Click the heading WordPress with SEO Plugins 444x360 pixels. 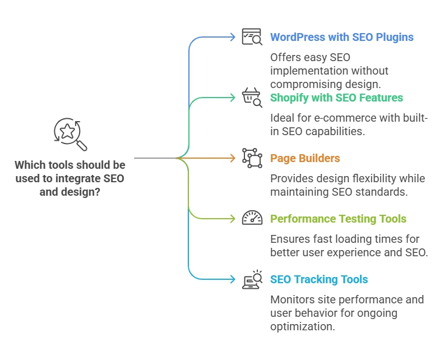coord(341,38)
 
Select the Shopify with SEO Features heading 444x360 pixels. coord(336,98)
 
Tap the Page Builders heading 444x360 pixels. coord(305,158)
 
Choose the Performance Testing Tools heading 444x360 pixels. coord(338,219)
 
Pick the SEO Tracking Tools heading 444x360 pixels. coord(319,279)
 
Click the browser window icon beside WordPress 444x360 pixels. coord(252,37)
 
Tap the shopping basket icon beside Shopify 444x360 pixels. coord(252,97)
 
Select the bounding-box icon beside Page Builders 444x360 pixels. coord(252,158)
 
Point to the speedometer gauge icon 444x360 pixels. coord(252,218)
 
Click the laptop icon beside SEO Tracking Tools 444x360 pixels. coord(252,279)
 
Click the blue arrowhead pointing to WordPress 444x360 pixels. coord(233,38)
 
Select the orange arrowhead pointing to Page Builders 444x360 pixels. coord(233,158)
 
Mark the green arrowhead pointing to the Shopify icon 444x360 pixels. coord(233,98)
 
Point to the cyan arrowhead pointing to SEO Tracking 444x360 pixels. coord(233,279)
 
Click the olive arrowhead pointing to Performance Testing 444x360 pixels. coord(233,219)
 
